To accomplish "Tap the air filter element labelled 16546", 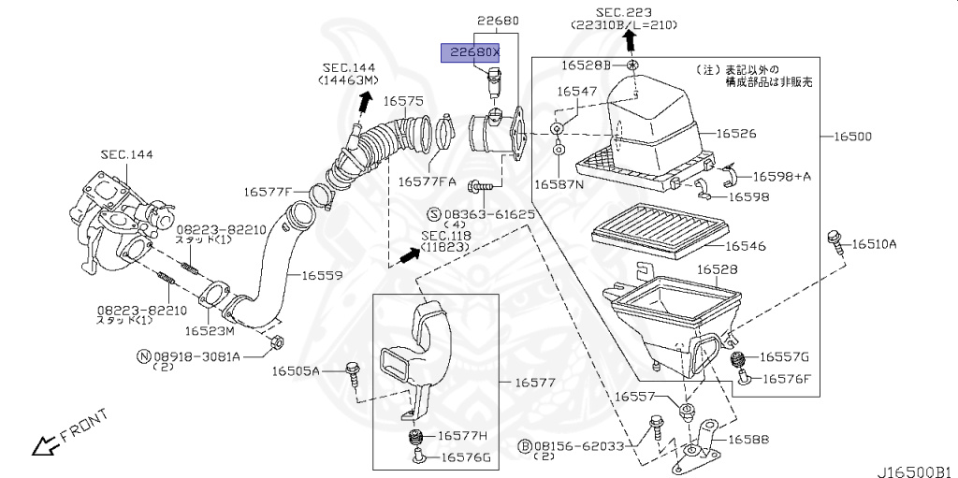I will coord(660,228).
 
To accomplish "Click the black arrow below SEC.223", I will coord(630,39).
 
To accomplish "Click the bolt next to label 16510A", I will coord(832,239).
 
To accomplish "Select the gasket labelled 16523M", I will coord(218,298).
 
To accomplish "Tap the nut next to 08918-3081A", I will coord(273,342).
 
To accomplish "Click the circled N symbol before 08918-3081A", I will coord(143,356).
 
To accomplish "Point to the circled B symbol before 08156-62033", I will coord(526,446).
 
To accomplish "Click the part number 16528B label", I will coord(586,65).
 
